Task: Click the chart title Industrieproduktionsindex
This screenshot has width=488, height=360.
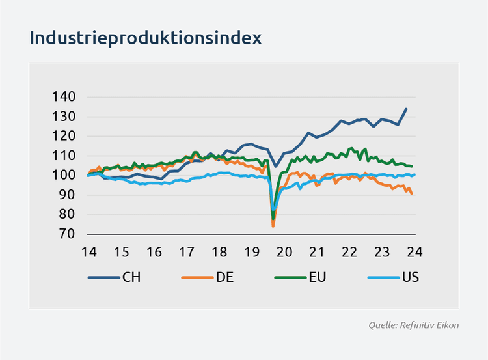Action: [145, 38]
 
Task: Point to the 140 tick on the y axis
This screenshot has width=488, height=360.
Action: [64, 97]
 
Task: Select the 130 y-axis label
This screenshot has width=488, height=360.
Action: [64, 117]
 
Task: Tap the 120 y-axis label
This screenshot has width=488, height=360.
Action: [64, 136]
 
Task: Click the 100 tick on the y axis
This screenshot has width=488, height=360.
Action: [64, 175]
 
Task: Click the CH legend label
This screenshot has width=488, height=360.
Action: [131, 277]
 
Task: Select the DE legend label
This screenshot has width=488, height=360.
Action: [224, 277]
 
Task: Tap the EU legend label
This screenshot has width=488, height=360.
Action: [318, 277]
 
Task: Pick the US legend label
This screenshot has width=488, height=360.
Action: [410, 277]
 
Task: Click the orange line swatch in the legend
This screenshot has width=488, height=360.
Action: [196, 277]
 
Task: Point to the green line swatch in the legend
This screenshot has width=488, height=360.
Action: [289, 277]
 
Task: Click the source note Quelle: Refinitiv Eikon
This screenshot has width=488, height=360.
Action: [413, 324]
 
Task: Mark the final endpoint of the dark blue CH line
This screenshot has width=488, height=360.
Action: [407, 109]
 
